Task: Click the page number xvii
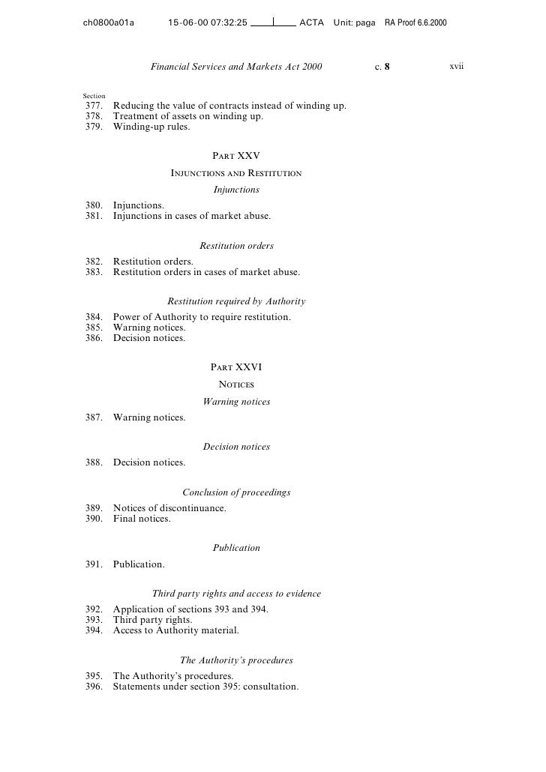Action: pyautogui.click(x=457, y=67)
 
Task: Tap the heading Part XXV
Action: pyautogui.click(x=236, y=156)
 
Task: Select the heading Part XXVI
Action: pyautogui.click(x=236, y=367)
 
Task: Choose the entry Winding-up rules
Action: pyautogui.click(x=151, y=127)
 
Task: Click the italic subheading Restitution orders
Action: pyautogui.click(x=236, y=246)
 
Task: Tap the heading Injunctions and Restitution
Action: pyautogui.click(x=236, y=173)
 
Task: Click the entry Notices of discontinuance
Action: pyautogui.click(x=169, y=508)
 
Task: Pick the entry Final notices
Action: pyautogui.click(x=142, y=519)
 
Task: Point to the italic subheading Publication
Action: pyautogui.click(x=236, y=548)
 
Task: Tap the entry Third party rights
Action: pyautogui.click(x=152, y=620)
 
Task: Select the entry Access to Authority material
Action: pyautogui.click(x=176, y=630)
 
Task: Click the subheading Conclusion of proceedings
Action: pyautogui.click(x=236, y=492)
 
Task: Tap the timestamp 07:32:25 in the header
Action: pyautogui.click(x=218, y=22)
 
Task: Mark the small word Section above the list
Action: pyautogui.click(x=94, y=96)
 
